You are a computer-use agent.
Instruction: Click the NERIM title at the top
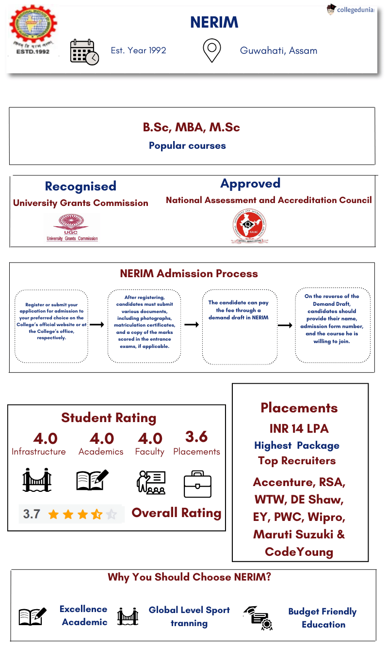pos(214,22)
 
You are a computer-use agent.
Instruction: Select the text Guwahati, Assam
pos(278,50)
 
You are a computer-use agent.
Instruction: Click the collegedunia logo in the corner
pos(350,9)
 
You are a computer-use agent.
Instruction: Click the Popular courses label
pos(187,145)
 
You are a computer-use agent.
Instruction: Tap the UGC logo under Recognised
pos(72,227)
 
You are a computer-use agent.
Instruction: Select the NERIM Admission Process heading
pos(189,273)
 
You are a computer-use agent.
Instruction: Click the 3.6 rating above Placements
pos(196,437)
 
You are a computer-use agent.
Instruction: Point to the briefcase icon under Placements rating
pos(197,484)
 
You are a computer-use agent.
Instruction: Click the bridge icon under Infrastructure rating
pos(37,480)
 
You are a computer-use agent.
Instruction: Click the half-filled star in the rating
pos(97,514)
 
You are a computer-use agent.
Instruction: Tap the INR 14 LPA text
pos(299,428)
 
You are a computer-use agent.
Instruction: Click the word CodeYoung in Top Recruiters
pos(299,551)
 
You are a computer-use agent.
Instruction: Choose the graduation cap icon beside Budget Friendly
pos(258,617)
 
